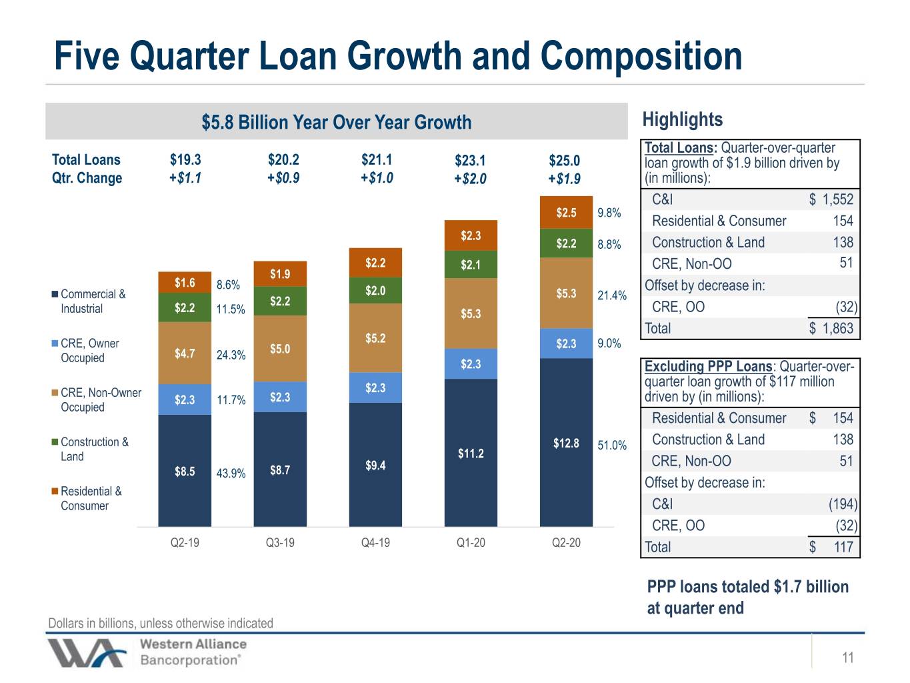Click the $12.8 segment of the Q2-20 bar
[x=566, y=442]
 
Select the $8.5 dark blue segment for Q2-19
[x=185, y=471]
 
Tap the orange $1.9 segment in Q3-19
[x=280, y=273]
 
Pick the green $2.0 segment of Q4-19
[x=375, y=290]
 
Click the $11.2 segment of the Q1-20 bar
[x=471, y=453]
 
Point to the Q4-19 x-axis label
[x=375, y=542]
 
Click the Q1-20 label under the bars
[x=471, y=542]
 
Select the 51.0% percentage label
[x=612, y=446]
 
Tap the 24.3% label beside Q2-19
[x=231, y=355]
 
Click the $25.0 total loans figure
[x=564, y=161]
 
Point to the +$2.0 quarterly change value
[x=470, y=179]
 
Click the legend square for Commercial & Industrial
[x=54, y=294]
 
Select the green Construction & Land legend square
[x=54, y=442]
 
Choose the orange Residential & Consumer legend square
[x=54, y=492]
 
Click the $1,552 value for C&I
[x=831, y=199]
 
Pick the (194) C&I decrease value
[x=843, y=504]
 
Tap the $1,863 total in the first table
[x=831, y=328]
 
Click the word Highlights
[x=683, y=119]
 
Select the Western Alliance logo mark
[x=86, y=653]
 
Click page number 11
[x=848, y=658]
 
